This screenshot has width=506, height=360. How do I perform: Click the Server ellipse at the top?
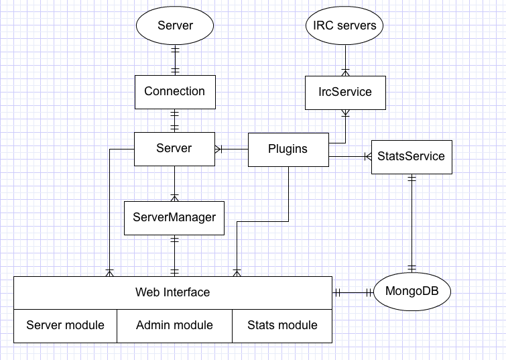click(x=175, y=25)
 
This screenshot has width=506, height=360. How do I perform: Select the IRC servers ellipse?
click(x=344, y=25)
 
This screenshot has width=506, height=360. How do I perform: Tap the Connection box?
click(x=175, y=92)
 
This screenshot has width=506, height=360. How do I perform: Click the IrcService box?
click(x=345, y=93)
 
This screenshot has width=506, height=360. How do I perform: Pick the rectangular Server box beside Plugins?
click(x=174, y=149)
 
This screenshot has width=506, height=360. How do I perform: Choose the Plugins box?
click(x=288, y=149)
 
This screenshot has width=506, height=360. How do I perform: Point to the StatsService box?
click(x=412, y=157)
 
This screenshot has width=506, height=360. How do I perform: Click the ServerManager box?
click(x=174, y=218)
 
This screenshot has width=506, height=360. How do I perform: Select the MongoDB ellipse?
click(x=412, y=292)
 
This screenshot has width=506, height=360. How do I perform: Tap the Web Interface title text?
click(x=173, y=292)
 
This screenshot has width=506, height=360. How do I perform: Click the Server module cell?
click(x=65, y=326)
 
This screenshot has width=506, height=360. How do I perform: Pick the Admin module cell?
click(x=174, y=326)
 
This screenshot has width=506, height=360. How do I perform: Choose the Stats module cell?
click(x=282, y=326)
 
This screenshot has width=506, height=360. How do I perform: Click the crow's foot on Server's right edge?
click(x=218, y=149)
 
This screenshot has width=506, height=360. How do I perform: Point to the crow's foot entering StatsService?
click(x=368, y=157)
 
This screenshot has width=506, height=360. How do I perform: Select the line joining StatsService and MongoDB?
click(x=412, y=223)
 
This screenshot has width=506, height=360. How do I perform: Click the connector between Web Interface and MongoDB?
click(x=353, y=293)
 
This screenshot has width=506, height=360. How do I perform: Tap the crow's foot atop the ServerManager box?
click(x=174, y=198)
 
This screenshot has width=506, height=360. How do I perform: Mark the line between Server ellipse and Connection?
click(x=175, y=60)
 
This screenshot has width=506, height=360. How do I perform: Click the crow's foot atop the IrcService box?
click(x=346, y=72)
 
